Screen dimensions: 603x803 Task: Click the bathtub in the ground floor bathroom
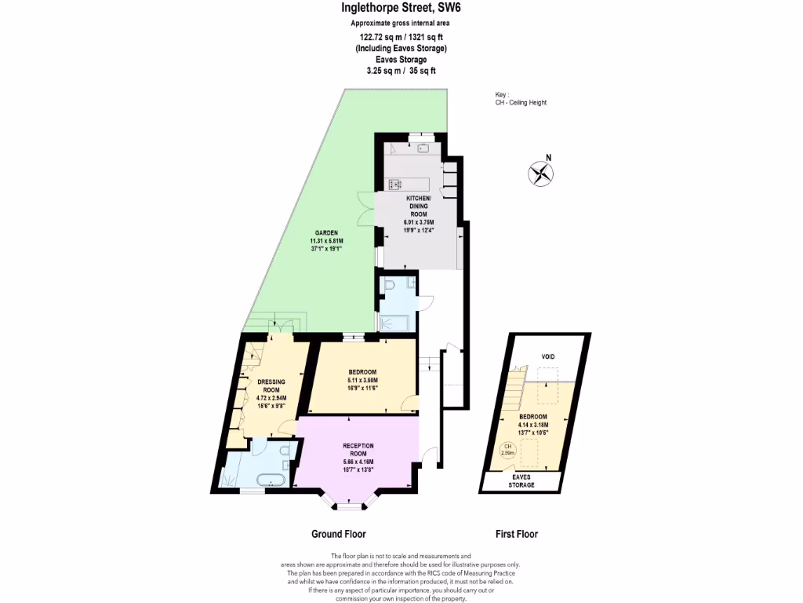(271, 478)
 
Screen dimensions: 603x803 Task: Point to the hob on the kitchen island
(394, 185)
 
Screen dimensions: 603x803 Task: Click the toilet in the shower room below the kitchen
(389, 288)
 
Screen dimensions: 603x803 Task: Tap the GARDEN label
(326, 232)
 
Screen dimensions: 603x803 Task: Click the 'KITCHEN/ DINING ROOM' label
(417, 206)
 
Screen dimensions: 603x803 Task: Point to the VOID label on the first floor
(547, 356)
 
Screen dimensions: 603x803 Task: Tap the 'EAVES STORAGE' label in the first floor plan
(522, 481)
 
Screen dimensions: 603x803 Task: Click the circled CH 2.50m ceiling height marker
(507, 451)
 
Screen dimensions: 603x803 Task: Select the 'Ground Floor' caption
(339, 534)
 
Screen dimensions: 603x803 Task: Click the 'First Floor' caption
(516, 534)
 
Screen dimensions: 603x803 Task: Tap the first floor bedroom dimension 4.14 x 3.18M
(539, 424)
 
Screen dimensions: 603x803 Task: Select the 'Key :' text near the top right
(491, 94)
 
